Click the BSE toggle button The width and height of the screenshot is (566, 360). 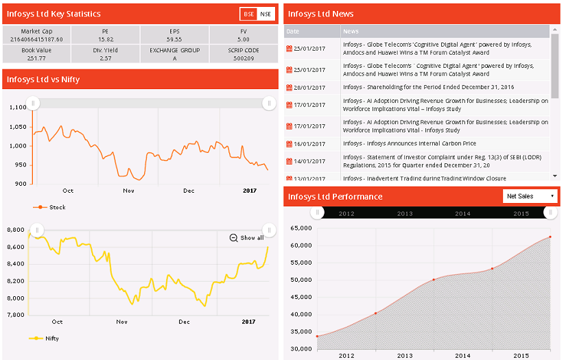[x=248, y=14]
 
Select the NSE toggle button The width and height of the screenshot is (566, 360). [x=266, y=14]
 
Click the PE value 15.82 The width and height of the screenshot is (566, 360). [x=105, y=39]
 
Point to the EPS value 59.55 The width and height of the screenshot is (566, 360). [x=174, y=39]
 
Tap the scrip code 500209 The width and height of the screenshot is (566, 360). [x=244, y=58]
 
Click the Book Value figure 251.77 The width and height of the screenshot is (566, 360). [x=36, y=58]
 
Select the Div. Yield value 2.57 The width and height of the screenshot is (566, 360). [x=105, y=58]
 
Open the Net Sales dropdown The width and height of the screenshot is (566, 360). [x=530, y=196]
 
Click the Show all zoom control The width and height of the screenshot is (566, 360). [x=247, y=238]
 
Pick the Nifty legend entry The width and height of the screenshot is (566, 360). [x=50, y=338]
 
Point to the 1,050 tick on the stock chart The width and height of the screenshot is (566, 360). [x=19, y=126]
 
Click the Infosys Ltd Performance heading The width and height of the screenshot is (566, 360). [x=335, y=197]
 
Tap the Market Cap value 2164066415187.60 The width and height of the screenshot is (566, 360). [x=36, y=39]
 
